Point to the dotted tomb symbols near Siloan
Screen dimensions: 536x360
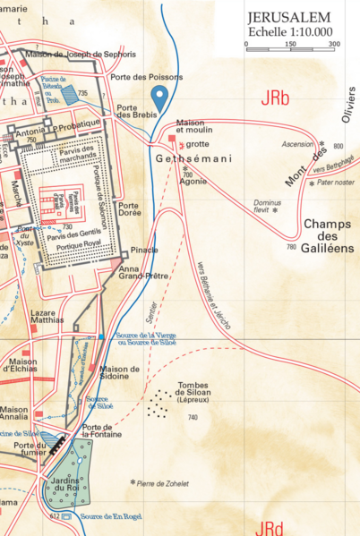point(159,404)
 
